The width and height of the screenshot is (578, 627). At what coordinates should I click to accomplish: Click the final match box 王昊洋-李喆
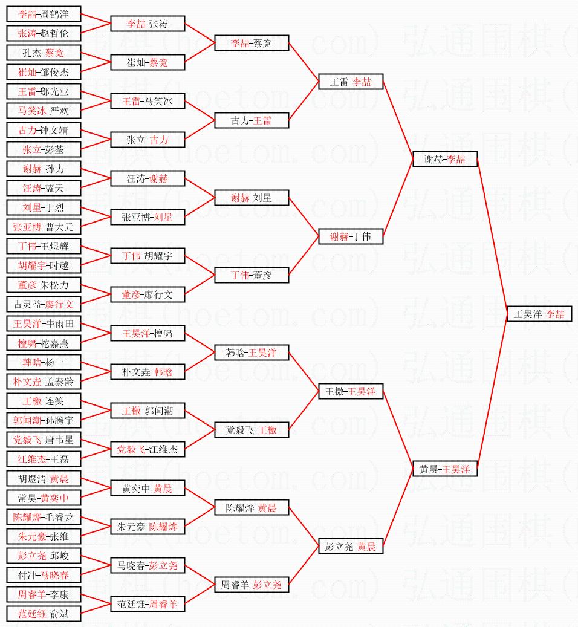click(x=539, y=314)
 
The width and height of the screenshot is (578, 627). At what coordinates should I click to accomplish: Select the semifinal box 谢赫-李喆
click(x=445, y=159)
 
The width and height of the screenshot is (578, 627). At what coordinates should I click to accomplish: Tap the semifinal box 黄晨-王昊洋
click(x=445, y=469)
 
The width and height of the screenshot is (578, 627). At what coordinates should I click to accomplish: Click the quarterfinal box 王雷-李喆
click(x=351, y=82)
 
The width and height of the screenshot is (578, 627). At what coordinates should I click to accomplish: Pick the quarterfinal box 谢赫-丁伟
click(x=351, y=236)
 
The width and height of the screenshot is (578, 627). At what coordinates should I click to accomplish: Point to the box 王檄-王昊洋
click(x=351, y=391)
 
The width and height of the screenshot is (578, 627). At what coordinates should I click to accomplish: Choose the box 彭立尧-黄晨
click(x=351, y=546)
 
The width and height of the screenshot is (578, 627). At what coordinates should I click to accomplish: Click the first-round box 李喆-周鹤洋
click(x=44, y=14)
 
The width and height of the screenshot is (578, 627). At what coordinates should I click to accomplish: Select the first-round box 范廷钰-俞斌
click(x=44, y=614)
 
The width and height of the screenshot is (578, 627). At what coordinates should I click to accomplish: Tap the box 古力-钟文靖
click(x=44, y=130)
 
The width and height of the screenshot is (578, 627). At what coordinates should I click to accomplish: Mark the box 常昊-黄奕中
click(x=44, y=498)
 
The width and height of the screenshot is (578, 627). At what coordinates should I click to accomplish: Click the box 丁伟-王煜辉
click(x=44, y=246)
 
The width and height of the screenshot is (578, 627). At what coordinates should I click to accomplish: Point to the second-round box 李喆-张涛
click(x=148, y=24)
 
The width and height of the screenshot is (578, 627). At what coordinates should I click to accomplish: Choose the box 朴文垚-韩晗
click(x=148, y=372)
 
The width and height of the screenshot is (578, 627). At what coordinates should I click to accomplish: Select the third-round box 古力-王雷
click(x=252, y=120)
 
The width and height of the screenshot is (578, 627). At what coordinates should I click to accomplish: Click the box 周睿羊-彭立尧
click(x=252, y=585)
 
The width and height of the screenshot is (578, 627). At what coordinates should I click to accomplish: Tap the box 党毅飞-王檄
click(x=252, y=430)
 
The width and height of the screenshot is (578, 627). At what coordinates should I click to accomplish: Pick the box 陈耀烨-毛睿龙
click(x=44, y=517)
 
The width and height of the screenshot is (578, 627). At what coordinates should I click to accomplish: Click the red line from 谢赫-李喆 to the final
click(x=492, y=237)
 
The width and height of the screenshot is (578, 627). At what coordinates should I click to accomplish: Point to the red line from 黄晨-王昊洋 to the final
click(x=492, y=391)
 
